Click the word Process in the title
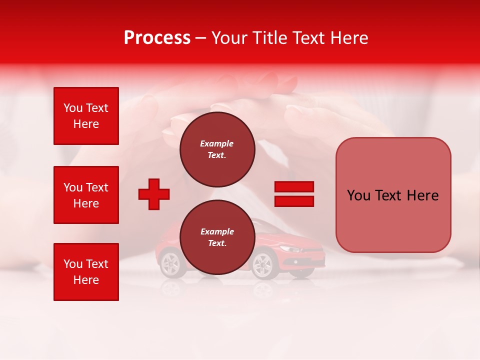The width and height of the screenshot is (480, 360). [x=157, y=38]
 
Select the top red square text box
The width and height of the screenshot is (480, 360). [x=86, y=116]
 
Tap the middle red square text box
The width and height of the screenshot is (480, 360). [x=86, y=195]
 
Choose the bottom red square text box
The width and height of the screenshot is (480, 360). [x=86, y=272]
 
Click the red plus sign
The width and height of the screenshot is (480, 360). [x=154, y=193]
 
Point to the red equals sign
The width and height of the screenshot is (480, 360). [x=294, y=194]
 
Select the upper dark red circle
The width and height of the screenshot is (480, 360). [x=217, y=149]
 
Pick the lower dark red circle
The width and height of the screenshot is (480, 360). [x=217, y=237]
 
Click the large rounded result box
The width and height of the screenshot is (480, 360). [x=393, y=195]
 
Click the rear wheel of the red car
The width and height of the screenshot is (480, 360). [x=170, y=263]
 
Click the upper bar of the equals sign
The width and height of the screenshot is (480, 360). [x=294, y=187]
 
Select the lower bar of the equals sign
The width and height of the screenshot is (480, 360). [x=294, y=201]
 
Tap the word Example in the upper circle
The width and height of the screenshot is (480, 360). [x=217, y=143]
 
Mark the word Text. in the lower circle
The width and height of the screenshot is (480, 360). [x=217, y=243]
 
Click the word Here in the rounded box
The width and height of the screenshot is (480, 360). [x=422, y=195]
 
